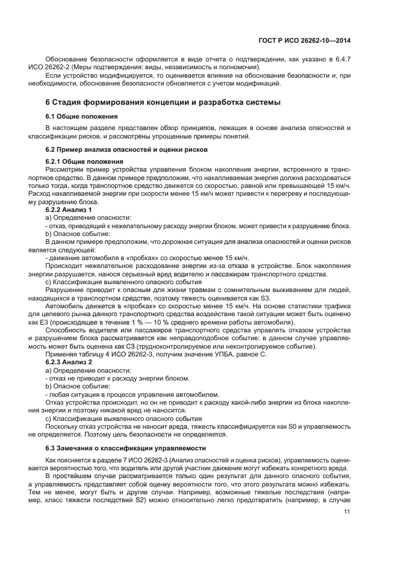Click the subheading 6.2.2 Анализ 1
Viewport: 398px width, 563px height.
click(x=69, y=209)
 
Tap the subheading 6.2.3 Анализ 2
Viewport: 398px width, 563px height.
click(x=69, y=363)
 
